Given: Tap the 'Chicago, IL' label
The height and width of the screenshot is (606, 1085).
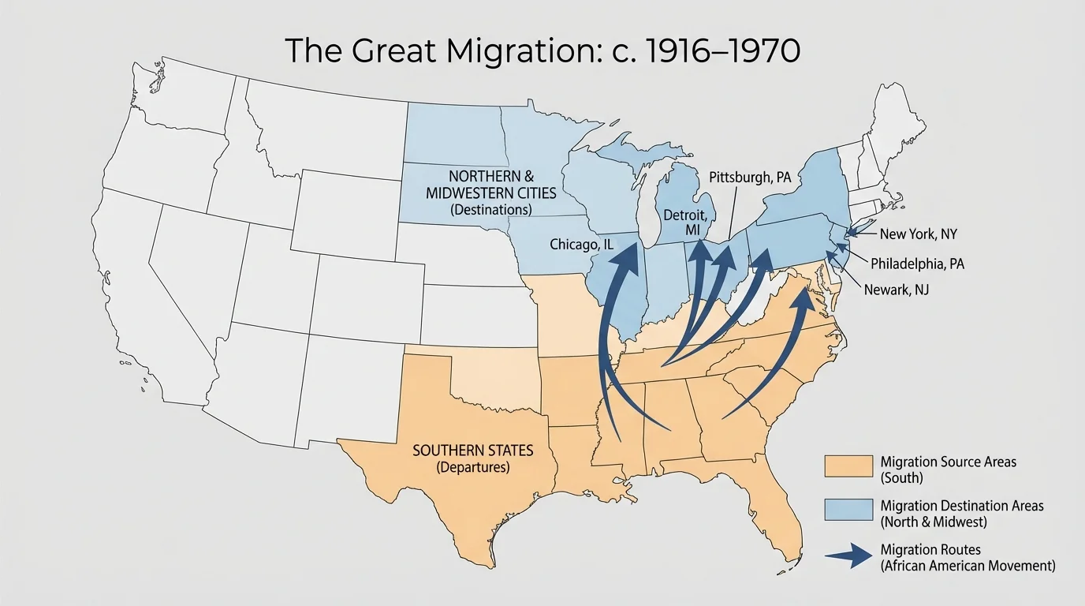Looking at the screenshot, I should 581,245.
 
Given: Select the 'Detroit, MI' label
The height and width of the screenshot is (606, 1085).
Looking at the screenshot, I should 689,222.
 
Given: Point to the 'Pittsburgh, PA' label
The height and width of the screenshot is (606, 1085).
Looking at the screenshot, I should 749,178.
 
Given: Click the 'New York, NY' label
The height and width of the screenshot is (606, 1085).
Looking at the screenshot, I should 918,234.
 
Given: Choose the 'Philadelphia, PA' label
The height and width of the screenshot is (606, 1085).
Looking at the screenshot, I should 917,264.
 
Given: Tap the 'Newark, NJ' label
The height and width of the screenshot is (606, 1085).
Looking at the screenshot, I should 897,290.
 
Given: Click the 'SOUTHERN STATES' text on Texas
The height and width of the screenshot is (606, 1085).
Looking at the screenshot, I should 472,451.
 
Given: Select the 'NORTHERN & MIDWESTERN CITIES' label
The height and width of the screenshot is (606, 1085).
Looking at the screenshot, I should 490,184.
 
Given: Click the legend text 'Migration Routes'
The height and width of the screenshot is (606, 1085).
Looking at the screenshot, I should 926,549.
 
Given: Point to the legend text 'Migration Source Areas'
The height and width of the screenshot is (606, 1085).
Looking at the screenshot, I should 948,462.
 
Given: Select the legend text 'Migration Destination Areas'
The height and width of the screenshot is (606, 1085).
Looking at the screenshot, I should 960,505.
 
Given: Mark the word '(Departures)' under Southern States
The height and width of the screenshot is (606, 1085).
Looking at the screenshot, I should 472,467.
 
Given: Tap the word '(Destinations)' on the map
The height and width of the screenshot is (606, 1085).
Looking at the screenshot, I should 490,211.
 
